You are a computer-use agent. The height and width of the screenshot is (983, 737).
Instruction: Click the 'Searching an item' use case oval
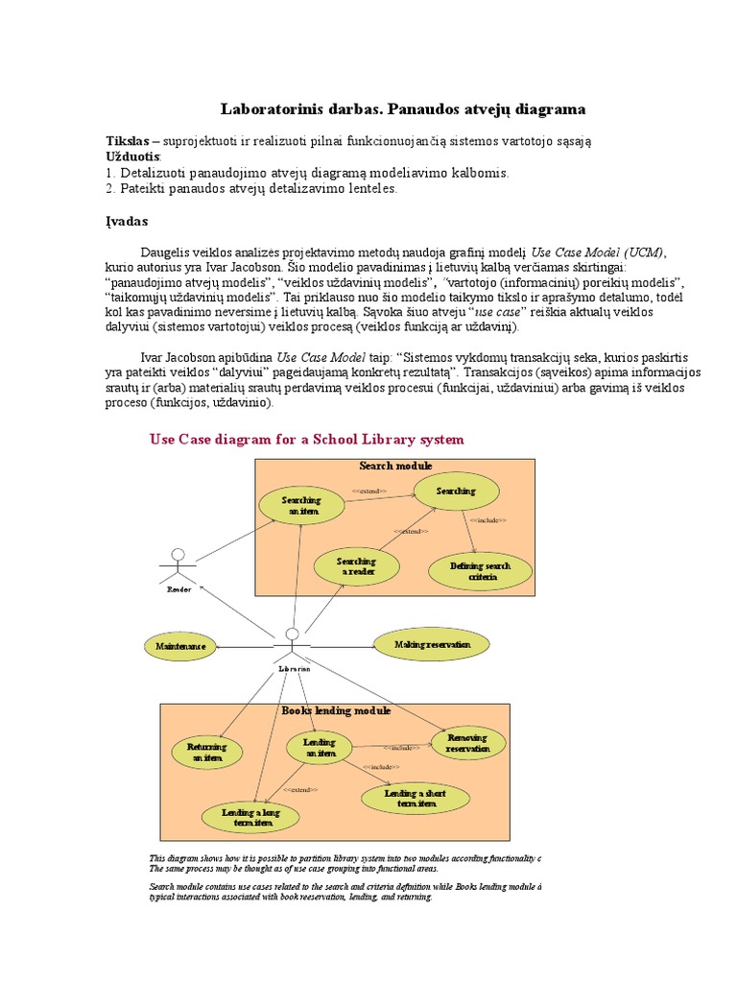301,505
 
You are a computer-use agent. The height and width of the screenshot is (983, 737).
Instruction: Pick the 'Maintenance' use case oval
180,647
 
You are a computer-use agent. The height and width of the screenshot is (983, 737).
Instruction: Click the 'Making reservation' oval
432,645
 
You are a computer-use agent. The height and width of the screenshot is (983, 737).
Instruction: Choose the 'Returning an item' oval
206,752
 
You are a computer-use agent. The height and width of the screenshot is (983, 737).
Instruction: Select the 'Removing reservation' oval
467,743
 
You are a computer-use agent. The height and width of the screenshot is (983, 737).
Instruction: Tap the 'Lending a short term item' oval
416,799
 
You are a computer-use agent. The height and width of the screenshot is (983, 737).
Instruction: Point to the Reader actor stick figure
178,567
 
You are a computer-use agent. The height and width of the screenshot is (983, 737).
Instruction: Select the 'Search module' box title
395,466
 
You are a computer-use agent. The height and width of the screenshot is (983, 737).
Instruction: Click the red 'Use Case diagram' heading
306,440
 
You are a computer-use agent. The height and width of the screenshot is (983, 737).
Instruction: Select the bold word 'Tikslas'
127,141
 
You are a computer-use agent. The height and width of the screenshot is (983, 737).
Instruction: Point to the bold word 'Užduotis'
132,156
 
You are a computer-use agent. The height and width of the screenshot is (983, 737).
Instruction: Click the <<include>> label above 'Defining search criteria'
487,520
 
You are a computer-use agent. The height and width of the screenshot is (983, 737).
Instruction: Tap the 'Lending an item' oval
320,748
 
